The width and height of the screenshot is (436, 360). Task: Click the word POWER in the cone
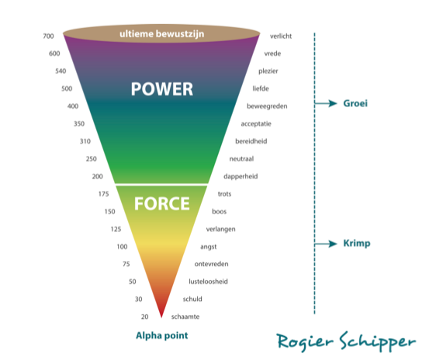[x=162, y=89]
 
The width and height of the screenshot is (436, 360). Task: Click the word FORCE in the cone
[x=162, y=203]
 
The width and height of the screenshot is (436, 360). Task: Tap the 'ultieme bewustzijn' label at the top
[x=162, y=34]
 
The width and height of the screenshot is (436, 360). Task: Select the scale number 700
[x=48, y=36]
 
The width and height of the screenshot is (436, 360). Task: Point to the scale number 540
[x=61, y=71]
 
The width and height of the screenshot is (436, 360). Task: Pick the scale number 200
[x=97, y=177]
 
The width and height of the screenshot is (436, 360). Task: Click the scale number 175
[x=103, y=194]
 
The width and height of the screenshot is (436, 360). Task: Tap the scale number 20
[x=144, y=317]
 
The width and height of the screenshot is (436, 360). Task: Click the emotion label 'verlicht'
[x=281, y=36]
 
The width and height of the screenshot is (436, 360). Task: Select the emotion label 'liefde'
[x=261, y=88]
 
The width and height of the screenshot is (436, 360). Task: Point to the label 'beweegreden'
[x=267, y=106]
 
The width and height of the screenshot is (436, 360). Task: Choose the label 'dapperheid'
[x=240, y=177]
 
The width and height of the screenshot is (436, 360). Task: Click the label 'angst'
[x=208, y=247]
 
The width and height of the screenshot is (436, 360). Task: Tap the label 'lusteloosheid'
[x=208, y=282]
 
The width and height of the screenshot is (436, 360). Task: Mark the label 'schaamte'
[x=185, y=317]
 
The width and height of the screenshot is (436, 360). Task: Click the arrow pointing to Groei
[x=326, y=103]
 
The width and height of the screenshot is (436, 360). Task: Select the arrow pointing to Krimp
[x=326, y=244]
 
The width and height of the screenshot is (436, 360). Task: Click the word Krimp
[x=357, y=244]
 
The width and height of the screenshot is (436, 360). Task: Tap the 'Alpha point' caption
[x=162, y=335]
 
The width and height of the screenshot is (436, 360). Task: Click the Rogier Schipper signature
[x=346, y=341]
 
